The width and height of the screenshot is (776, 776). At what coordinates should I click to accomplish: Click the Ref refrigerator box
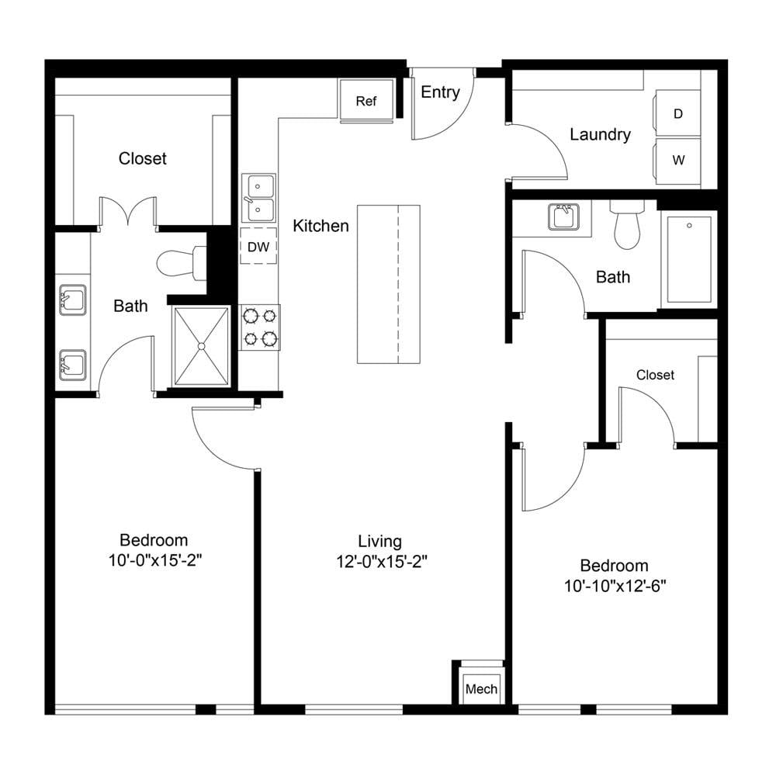click(x=366, y=100)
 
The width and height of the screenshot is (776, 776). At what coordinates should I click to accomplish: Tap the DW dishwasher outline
click(x=258, y=246)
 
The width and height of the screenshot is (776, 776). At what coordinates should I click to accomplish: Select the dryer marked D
click(x=677, y=113)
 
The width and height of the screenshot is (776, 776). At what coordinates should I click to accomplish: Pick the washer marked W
click(x=677, y=161)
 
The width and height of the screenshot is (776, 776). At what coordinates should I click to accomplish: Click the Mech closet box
click(x=482, y=687)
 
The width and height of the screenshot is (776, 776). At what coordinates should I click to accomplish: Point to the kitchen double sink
click(x=258, y=198)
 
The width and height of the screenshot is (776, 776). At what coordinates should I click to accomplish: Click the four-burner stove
click(x=260, y=327)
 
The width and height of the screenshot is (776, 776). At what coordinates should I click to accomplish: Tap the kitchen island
click(x=389, y=285)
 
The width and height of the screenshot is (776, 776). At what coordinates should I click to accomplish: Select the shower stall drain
click(x=202, y=346)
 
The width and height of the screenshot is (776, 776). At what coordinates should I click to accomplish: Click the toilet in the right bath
click(x=627, y=225)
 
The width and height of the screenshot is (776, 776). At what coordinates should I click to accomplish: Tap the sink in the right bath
click(x=563, y=217)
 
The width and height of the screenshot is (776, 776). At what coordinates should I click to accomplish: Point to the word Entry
click(x=441, y=92)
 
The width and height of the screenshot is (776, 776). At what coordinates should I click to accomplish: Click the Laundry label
click(x=600, y=134)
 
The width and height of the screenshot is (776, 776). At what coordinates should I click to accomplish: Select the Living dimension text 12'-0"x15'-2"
click(x=382, y=562)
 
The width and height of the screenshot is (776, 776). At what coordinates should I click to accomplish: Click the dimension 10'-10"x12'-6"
click(x=615, y=586)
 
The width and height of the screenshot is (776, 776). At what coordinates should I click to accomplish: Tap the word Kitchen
click(x=320, y=226)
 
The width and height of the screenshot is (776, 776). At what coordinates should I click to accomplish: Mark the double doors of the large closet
click(x=129, y=211)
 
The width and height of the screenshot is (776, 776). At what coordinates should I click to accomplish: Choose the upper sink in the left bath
click(x=72, y=300)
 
